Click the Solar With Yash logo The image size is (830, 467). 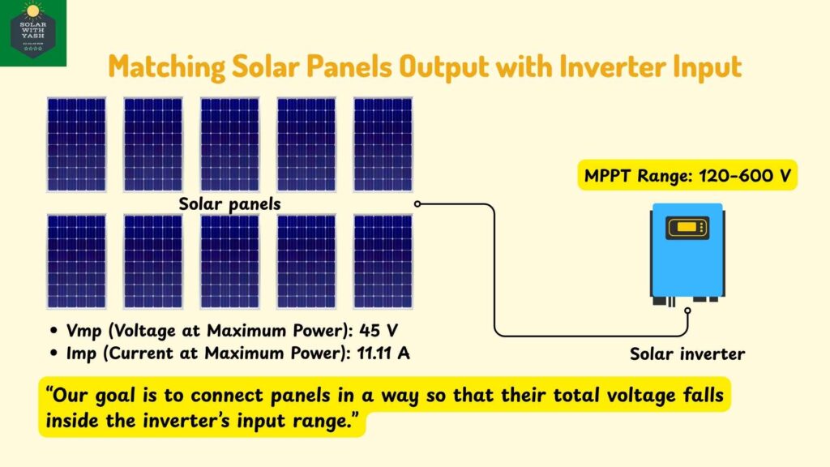(x=32, y=32)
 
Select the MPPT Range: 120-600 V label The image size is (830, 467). (x=687, y=174)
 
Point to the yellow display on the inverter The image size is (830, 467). (x=686, y=228)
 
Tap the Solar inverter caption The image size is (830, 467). (x=687, y=353)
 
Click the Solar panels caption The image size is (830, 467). (x=229, y=204)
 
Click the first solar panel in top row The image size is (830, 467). (x=76, y=144)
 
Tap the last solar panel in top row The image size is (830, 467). (x=383, y=144)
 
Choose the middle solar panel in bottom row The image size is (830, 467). (x=229, y=261)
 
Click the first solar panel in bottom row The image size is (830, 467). (x=76, y=261)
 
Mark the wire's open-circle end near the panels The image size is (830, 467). (x=417, y=204)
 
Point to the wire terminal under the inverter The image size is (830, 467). (x=688, y=310)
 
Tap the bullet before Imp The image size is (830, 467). (x=53, y=354)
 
